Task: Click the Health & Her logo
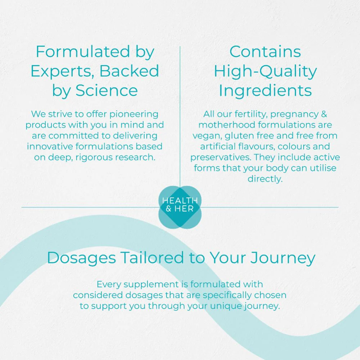pyautogui.click(x=180, y=207)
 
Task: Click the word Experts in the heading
pyautogui.click(x=61, y=72)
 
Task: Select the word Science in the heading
pyautogui.click(x=107, y=90)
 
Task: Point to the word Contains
pyautogui.click(x=265, y=51)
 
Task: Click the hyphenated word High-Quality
pyautogui.click(x=265, y=71)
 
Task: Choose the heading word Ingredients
pyautogui.click(x=265, y=90)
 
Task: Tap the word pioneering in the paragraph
pyautogui.click(x=134, y=114)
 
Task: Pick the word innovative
pyautogui.click(x=50, y=146)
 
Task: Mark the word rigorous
pyautogui.click(x=94, y=158)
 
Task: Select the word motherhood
pyautogui.click(x=227, y=125)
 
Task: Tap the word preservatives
pyautogui.click(x=221, y=158)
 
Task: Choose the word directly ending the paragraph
pyautogui.click(x=265, y=179)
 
